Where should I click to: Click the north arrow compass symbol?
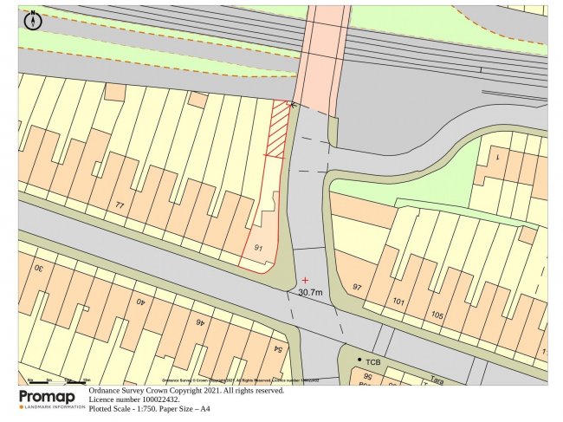33,20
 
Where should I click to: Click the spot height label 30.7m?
310,293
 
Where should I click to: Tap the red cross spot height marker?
305,280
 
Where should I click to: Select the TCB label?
373,360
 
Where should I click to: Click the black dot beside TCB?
359,359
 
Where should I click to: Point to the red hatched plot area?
277,130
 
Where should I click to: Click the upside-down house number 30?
39,268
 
